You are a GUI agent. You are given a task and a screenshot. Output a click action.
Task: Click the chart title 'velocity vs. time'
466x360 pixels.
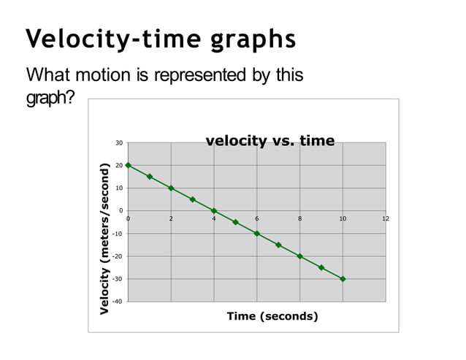point(270,141)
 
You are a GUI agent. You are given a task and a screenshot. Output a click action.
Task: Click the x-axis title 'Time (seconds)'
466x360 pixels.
point(272,316)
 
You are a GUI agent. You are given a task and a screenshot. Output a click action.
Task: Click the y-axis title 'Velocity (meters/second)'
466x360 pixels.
point(104,239)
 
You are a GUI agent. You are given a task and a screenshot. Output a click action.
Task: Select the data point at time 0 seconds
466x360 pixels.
point(129,165)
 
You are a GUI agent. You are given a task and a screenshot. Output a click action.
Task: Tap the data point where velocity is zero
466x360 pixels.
point(214,211)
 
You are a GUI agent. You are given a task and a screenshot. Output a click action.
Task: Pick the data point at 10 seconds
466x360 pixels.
point(343,279)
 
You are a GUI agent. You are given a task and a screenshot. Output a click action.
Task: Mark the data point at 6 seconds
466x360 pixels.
point(257,234)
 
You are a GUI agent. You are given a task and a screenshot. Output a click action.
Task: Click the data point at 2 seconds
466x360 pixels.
point(171,188)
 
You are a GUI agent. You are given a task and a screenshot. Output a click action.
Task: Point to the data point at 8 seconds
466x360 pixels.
point(300,256)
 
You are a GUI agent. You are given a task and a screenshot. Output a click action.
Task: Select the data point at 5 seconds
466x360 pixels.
point(235,222)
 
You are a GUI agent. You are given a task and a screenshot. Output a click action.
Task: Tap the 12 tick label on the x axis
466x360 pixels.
point(386,218)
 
